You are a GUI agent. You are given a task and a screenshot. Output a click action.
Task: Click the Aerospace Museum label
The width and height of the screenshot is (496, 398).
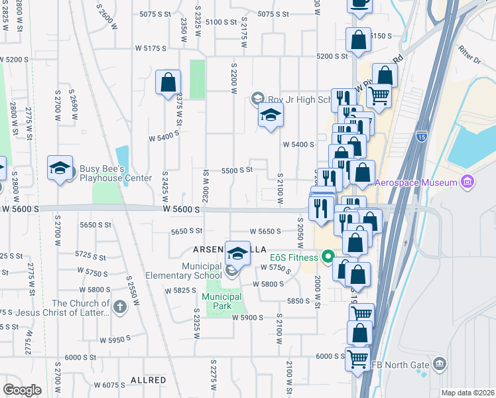416,182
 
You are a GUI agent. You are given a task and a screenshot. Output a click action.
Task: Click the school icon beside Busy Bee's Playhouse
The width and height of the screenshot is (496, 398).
60,168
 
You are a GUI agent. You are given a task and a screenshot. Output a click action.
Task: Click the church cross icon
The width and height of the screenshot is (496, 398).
119,306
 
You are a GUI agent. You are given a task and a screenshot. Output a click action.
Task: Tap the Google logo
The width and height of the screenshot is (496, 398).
21,390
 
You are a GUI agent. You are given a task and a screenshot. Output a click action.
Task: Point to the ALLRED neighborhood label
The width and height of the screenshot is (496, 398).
148,380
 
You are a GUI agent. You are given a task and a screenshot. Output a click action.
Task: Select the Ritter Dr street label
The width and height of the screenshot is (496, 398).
469,53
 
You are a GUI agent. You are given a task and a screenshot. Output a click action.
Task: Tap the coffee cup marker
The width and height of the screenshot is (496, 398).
359,3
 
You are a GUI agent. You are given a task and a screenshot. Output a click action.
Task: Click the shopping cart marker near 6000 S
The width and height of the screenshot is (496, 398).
358,359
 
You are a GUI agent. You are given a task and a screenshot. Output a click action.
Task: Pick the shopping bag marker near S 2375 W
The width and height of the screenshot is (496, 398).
168,83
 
